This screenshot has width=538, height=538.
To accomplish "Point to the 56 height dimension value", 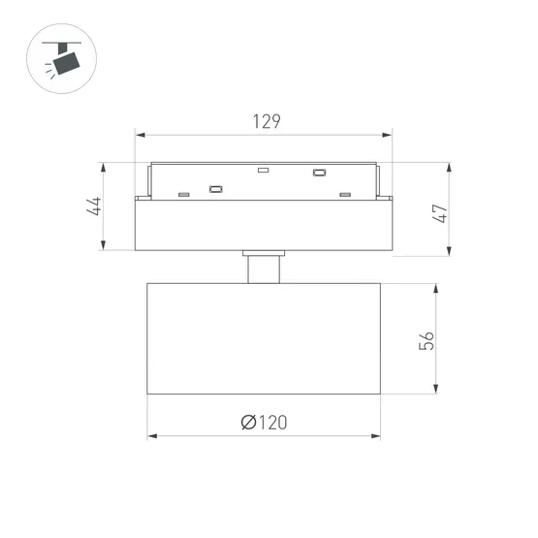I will [427, 339].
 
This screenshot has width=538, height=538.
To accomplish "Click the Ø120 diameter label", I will [264, 423].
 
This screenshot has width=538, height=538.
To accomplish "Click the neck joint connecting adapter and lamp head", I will [263, 269].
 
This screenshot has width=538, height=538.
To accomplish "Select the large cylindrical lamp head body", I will [264, 338].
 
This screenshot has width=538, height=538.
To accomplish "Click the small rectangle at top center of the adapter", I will [262, 170].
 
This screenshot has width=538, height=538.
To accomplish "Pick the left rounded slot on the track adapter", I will [215, 189].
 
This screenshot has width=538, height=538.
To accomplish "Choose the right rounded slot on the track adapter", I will [318, 174].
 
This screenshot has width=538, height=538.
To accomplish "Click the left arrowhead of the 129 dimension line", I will [139, 136].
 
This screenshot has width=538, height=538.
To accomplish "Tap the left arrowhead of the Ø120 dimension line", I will [151, 436].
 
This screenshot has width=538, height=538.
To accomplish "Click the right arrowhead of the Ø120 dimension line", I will [376, 436].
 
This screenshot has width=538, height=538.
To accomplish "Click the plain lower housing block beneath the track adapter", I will [264, 225].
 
